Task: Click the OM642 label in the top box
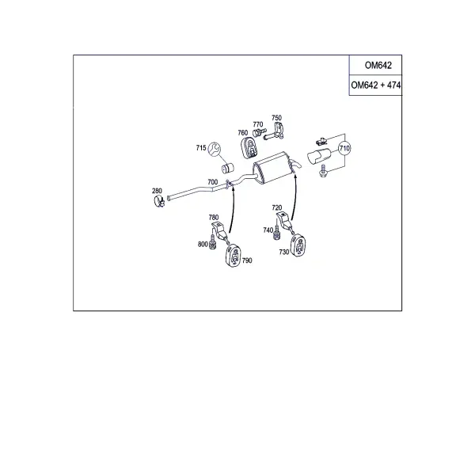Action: tap(378, 65)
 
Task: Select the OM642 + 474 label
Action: tap(375, 85)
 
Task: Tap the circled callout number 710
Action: tap(344, 148)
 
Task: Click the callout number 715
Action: tap(201, 148)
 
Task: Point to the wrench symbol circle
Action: tap(215, 150)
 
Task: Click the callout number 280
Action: tap(157, 191)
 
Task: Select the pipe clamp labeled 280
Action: tap(159, 201)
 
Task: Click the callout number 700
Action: tap(213, 182)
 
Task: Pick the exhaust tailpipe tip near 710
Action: tap(319, 156)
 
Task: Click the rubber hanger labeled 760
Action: tap(249, 147)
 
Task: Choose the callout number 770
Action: tap(258, 124)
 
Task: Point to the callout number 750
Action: tap(276, 117)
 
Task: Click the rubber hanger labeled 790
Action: tap(234, 256)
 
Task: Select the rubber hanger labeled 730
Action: tap(298, 245)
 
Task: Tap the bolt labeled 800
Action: tap(213, 241)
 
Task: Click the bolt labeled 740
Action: tap(276, 232)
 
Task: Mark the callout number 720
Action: tap(277, 207)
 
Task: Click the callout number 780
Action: tap(214, 217)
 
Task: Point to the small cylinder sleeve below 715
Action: tap(227, 168)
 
